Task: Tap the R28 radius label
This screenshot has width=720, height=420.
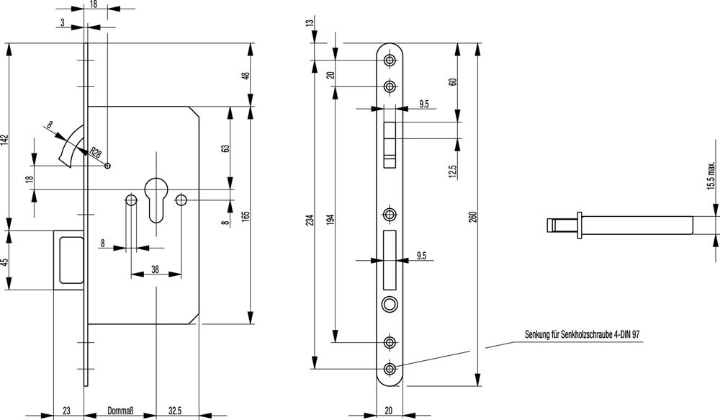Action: pyautogui.click(x=94, y=151)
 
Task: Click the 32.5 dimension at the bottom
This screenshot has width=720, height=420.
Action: pyautogui.click(x=174, y=411)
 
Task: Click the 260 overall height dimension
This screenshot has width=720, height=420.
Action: pyautogui.click(x=472, y=217)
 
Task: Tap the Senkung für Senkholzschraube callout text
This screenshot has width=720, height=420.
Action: pyautogui.click(x=583, y=335)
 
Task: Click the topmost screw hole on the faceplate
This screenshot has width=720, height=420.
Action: pyautogui.click(x=390, y=60)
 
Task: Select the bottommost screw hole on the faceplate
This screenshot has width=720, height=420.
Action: pyautogui.click(x=390, y=369)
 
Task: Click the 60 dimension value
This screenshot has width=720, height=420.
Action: pyautogui.click(x=453, y=81)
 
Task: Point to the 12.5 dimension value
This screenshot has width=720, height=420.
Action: pyautogui.click(x=453, y=171)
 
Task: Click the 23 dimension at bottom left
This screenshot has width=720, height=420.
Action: pyautogui.click(x=66, y=411)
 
